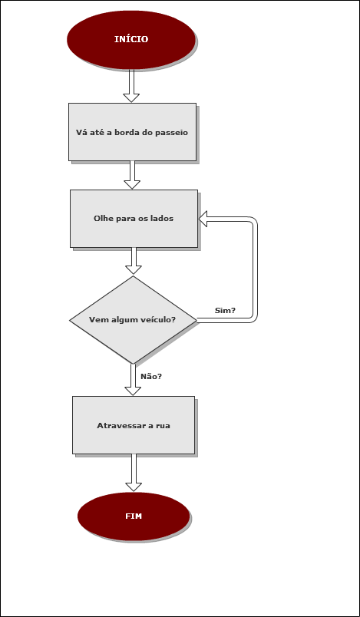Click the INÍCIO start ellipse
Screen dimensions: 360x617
[131, 40]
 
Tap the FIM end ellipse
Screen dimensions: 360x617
[134, 516]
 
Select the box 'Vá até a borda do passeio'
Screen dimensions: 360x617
[132, 132]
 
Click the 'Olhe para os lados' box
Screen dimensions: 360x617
[134, 219]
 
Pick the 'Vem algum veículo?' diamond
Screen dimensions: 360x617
[133, 320]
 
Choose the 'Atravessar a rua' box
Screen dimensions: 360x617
[134, 425]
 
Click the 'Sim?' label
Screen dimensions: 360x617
[225, 311]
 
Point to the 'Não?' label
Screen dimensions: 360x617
[151, 377]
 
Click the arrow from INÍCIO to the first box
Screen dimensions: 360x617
[131, 86]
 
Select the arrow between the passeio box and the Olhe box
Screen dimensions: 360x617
[132, 175]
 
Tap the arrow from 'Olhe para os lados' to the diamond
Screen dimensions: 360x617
[134, 260]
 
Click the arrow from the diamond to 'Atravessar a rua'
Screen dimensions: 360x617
[133, 380]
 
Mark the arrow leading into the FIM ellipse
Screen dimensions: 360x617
[134, 473]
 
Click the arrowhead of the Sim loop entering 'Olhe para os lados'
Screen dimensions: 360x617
[203, 219]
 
